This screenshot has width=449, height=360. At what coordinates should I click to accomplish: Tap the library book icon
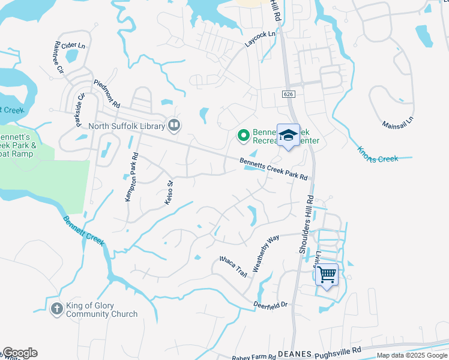[x=174, y=125]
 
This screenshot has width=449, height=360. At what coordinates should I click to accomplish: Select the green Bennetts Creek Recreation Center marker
[x=243, y=136]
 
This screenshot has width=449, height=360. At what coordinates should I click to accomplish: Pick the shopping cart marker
[x=327, y=275]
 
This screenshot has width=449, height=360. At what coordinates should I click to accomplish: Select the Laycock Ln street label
[x=260, y=39]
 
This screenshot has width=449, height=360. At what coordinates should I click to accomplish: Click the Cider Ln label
[x=73, y=45]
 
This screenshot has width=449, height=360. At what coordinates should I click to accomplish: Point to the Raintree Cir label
[x=59, y=56]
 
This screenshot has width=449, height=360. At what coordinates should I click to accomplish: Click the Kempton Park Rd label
[x=131, y=176]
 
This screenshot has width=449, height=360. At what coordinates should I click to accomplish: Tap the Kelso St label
[x=169, y=193]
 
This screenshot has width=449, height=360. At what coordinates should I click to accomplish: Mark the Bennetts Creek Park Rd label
[x=273, y=169]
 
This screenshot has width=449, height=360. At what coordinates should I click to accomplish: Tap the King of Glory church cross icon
[x=56, y=309]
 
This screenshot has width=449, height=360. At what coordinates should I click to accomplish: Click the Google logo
[x=20, y=353]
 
